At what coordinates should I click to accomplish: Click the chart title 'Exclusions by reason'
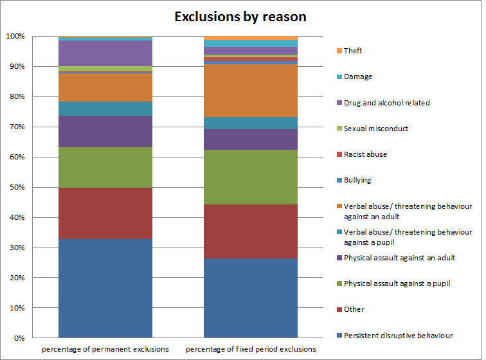point(240,17)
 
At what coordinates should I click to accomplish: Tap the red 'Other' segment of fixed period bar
point(251,231)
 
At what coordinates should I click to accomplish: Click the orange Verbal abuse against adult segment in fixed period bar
point(251,91)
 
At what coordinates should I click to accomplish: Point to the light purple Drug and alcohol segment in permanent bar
point(105,53)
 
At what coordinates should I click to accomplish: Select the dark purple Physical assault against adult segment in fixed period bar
point(251,139)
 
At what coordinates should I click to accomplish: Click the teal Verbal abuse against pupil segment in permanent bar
point(105,108)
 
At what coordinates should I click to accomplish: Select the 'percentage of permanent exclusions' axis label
point(105,349)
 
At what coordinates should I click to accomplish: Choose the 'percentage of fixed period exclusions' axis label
point(251,349)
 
